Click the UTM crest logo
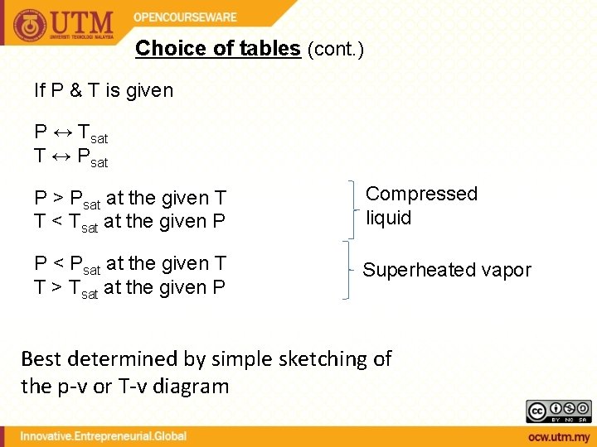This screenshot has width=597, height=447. tap(30, 25)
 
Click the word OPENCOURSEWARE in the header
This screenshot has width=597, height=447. tap(185, 17)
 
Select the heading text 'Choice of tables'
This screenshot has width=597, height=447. tap(217, 48)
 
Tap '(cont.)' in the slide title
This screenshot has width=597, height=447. tap(335, 49)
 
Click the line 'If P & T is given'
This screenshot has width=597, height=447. tap(104, 90)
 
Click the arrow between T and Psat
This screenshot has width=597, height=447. tap(61, 155)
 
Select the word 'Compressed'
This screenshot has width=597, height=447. tap(421, 194)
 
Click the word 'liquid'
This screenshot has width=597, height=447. tap(388, 218)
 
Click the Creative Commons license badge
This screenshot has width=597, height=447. tap(559, 411)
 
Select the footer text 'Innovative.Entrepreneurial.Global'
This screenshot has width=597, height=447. tap(104, 435)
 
